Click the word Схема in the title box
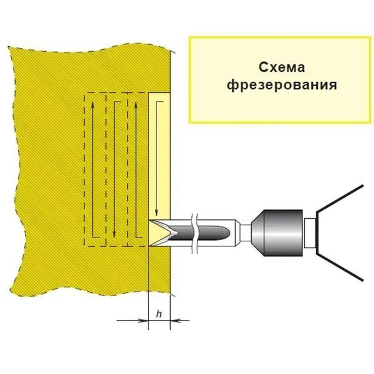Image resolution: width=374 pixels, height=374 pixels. pyautogui.click(x=282, y=67)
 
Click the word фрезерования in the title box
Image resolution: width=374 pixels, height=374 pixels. pyautogui.click(x=282, y=85)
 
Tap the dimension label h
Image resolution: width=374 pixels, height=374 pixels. pyautogui.click(x=159, y=314)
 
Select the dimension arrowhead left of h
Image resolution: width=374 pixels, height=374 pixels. pyautogui.click(x=143, y=320)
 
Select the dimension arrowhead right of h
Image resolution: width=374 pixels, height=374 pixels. pyautogui.click(x=175, y=320)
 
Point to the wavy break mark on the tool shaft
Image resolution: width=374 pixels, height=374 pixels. pyautogui.click(x=195, y=233)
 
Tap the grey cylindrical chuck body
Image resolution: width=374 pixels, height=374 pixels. pyautogui.click(x=283, y=233)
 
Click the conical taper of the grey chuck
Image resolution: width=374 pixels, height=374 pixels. pyautogui.click(x=257, y=233)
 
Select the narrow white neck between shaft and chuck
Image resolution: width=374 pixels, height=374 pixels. pyautogui.click(x=245, y=233)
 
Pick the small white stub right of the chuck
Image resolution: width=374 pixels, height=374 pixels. pyautogui.click(x=309, y=233)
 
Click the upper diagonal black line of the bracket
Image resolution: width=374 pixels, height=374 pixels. pyautogui.click(x=340, y=198)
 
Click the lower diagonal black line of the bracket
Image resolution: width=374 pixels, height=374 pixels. pyautogui.click(x=340, y=266)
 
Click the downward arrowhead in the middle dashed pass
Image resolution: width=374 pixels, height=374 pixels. pyautogui.click(x=115, y=234)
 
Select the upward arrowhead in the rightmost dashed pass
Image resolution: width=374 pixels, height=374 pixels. pyautogui.click(x=136, y=105)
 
